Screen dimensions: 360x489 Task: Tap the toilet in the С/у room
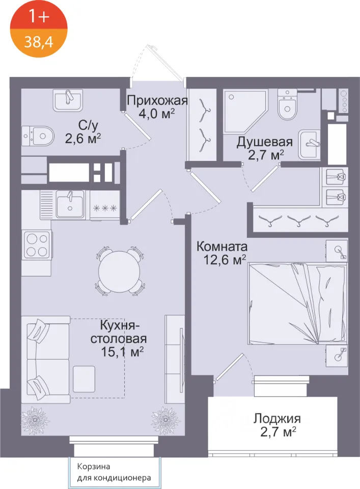pos(38,136)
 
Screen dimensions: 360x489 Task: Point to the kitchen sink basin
pos(70,204)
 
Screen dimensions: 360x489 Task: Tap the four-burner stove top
pos(37,245)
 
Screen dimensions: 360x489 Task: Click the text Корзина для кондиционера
pos(114,472)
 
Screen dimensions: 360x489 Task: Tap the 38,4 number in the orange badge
pos(39,41)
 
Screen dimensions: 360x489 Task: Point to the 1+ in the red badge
pos(39,16)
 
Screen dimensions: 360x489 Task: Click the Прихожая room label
pos(157,100)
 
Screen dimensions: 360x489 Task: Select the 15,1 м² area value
pos(122,352)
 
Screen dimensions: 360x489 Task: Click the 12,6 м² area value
pos(225,259)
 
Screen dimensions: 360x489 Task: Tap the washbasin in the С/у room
pos(68,100)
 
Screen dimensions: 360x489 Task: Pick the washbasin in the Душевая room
pos(310,144)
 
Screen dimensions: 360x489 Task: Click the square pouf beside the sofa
pos(84,379)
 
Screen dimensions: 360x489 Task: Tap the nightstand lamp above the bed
pos(337,251)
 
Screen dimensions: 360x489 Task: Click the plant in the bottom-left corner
pos(35,420)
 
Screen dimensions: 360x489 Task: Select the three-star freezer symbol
pos(105,208)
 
